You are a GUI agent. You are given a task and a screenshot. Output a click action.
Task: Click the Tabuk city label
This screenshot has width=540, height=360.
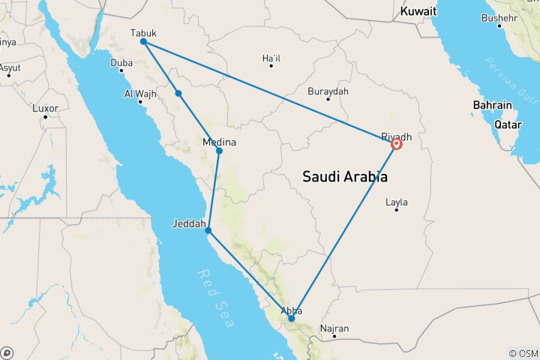[x=144, y=33]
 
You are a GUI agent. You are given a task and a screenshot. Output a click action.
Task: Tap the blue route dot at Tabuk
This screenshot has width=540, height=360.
[x=142, y=42]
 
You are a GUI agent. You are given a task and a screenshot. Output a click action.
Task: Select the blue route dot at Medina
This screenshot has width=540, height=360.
[x=219, y=151]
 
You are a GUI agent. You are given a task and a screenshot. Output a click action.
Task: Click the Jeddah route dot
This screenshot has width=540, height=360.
[x=208, y=230]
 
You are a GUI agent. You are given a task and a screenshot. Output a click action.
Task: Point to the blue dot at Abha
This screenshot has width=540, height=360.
[x=291, y=319]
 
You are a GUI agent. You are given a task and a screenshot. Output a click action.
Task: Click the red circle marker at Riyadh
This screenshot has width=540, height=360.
[x=397, y=145]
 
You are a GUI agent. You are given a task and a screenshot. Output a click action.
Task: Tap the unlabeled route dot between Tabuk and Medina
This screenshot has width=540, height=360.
[x=178, y=93]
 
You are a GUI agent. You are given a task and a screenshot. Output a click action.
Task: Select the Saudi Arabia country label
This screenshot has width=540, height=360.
[x=345, y=177]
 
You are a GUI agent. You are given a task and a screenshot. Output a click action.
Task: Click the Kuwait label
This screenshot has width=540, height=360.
[x=418, y=12]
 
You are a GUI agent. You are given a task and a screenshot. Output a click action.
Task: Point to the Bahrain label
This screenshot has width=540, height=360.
[x=492, y=105]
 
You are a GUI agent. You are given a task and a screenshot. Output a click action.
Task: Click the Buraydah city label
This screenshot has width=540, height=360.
[x=328, y=91]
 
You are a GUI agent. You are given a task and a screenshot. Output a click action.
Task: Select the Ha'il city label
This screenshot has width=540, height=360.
[x=271, y=58]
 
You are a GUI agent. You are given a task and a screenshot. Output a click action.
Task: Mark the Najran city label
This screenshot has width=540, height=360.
[x=334, y=328]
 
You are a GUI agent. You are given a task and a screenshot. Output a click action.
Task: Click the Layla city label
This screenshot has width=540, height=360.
[x=396, y=202]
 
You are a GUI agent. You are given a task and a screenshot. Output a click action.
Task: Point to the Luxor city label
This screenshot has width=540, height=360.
[x=45, y=108]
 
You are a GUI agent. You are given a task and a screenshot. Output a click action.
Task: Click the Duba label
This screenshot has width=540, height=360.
[x=121, y=63]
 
